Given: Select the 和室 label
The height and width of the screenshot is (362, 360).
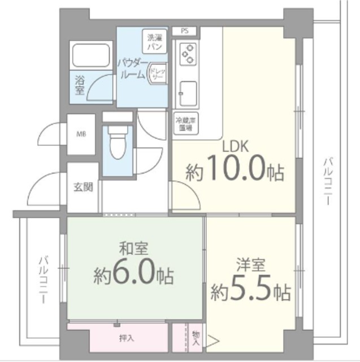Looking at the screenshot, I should click(131, 249).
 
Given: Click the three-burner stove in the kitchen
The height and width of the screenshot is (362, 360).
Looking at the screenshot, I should click(188, 54).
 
